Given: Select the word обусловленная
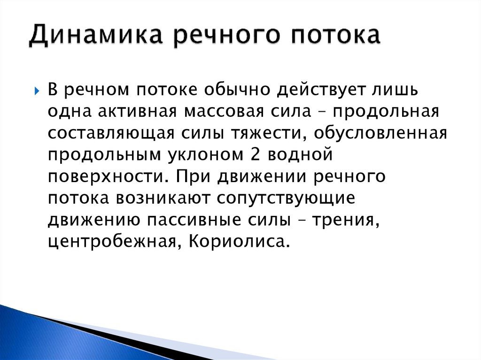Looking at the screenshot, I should tap(381, 134).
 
